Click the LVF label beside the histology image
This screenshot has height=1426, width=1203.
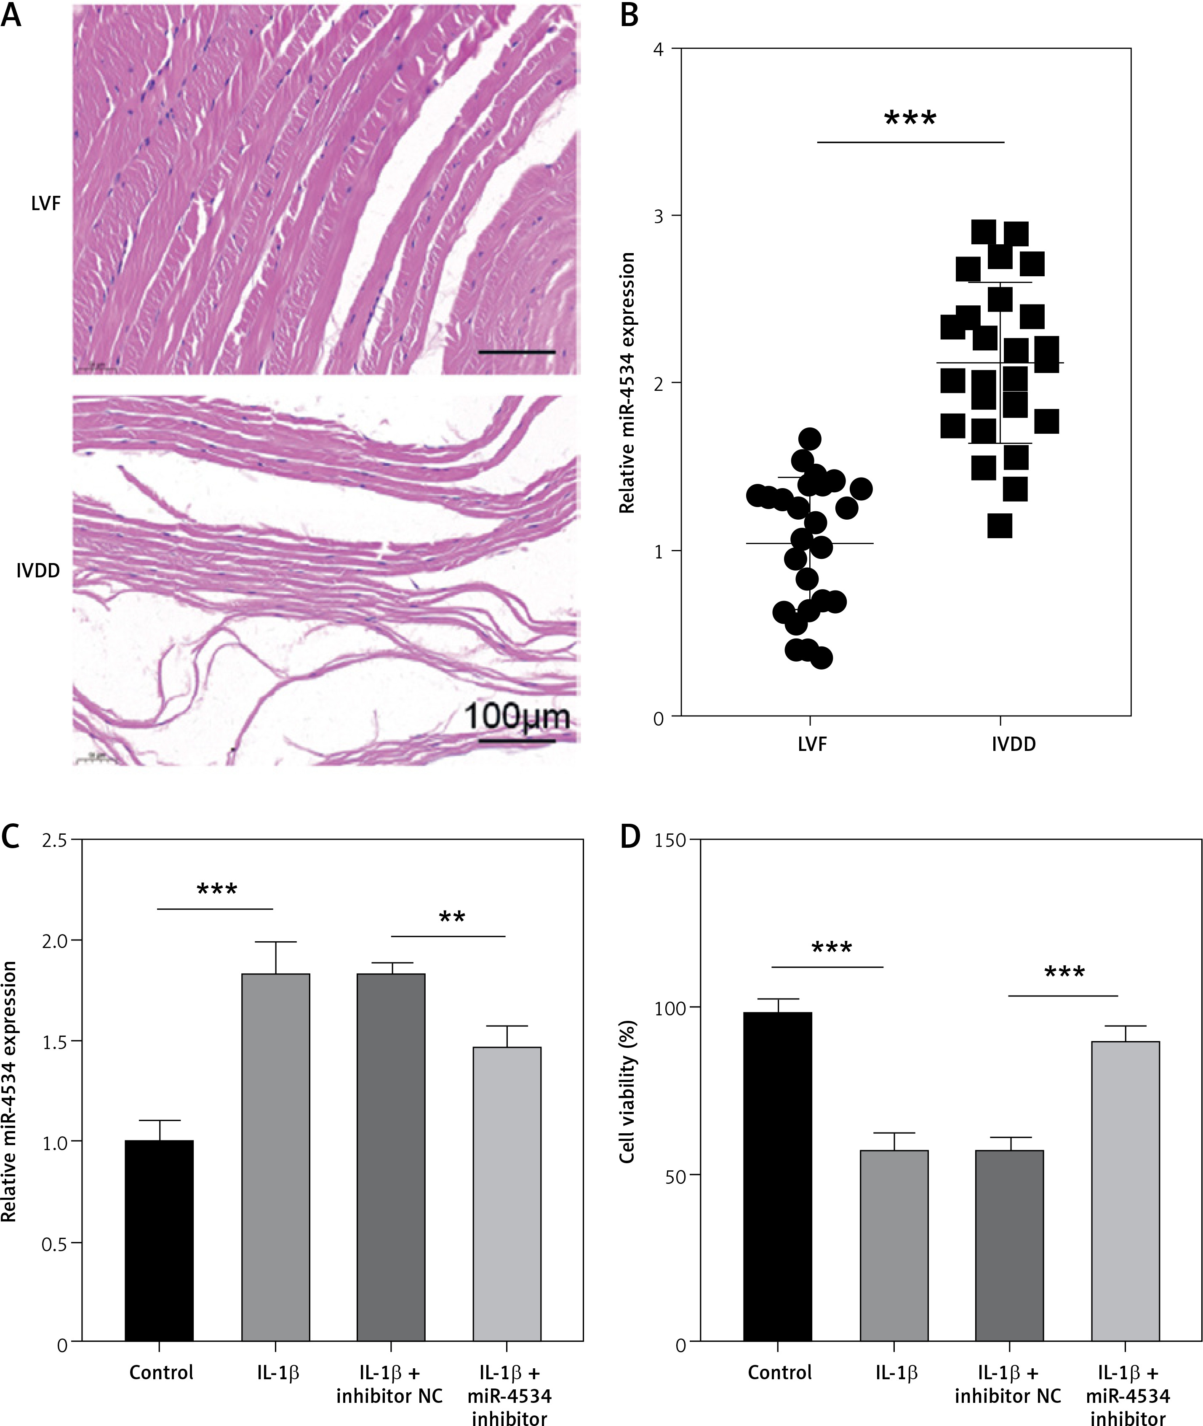[46, 203]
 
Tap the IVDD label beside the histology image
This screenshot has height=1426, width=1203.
[38, 570]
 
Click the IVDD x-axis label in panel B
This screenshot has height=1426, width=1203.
[1014, 744]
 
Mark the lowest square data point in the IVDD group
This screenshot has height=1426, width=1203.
[1000, 526]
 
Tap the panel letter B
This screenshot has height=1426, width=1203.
[629, 15]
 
